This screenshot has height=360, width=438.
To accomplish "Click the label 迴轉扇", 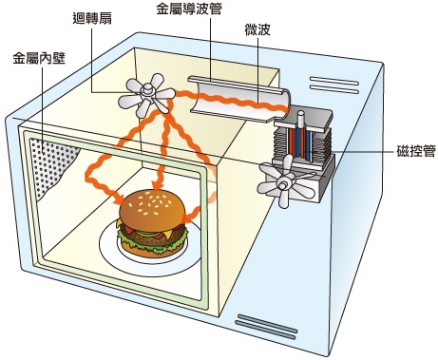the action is pyautogui.click(x=92, y=19).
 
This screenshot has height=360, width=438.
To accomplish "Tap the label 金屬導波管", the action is pyautogui.click(x=188, y=9).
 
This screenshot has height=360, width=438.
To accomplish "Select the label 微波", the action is pyautogui.click(x=257, y=29).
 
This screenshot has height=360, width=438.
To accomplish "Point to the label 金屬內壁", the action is pyautogui.click(x=39, y=59).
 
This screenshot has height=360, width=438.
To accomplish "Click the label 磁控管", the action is pyautogui.click(x=416, y=151).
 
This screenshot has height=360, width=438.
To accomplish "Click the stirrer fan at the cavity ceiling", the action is pyautogui.click(x=146, y=95).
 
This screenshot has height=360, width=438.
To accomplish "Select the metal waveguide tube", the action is pyautogui.click(x=239, y=99).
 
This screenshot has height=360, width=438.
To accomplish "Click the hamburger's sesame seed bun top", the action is pyautogui.click(x=151, y=206).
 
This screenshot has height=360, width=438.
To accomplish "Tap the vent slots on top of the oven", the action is pyautogui.click(x=333, y=85).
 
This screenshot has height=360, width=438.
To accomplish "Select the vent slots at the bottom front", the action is pyautogui.click(x=267, y=326).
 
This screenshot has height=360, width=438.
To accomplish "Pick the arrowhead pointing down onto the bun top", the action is pyautogui.click(x=155, y=185).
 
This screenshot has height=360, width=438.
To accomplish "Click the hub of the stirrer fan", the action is pyautogui.click(x=146, y=89).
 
